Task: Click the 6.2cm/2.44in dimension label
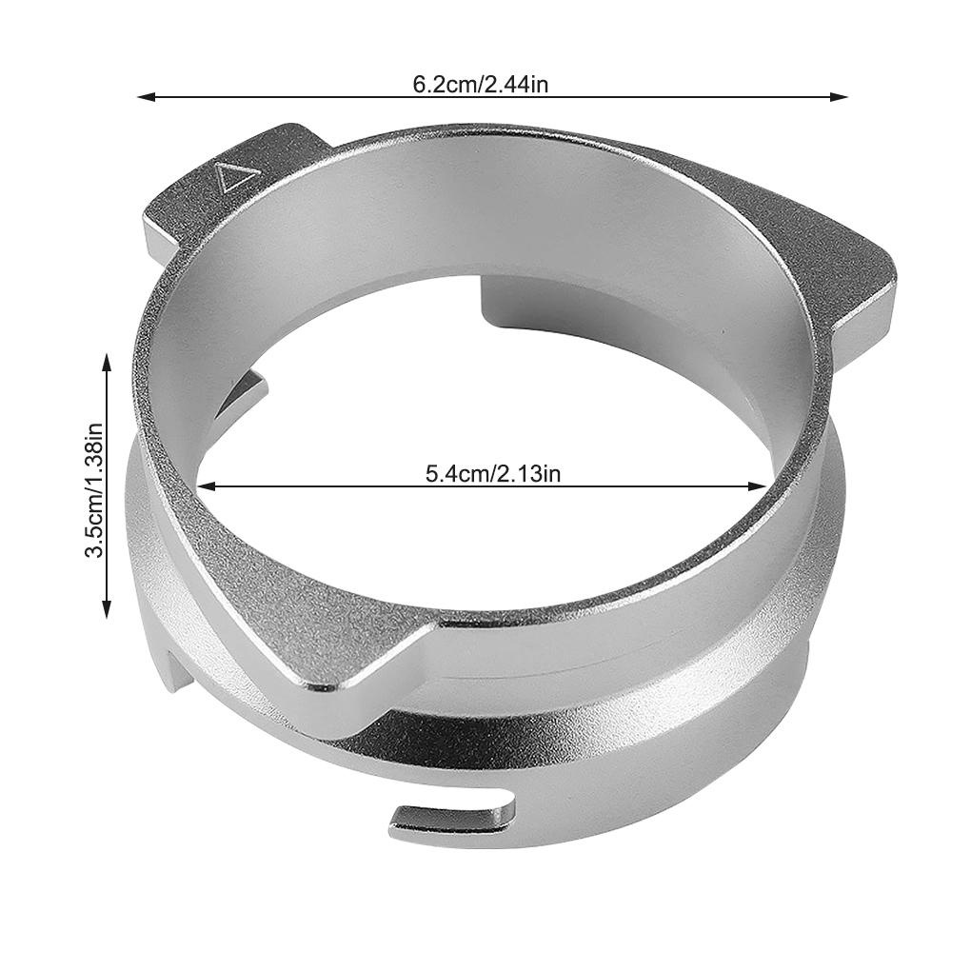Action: [x=480, y=85]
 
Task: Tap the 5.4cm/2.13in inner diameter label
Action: [x=492, y=473]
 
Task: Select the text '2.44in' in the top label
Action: [x=517, y=85]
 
